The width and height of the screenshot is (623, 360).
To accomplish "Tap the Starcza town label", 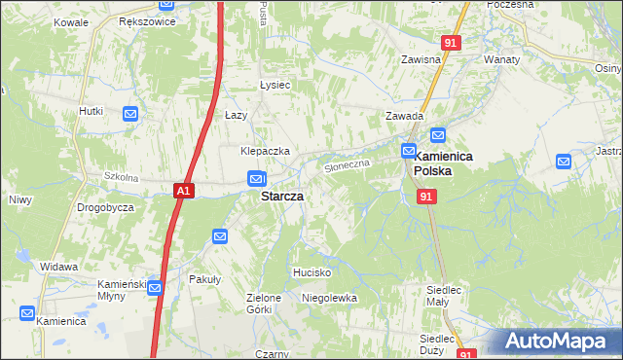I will (x=281, y=196).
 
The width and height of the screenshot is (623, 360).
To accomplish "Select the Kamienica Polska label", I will (x=445, y=162).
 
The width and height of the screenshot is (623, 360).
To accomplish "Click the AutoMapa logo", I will (x=557, y=342).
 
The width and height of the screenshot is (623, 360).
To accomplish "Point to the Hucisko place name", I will (x=313, y=272).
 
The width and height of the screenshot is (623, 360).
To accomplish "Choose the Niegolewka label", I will (x=329, y=298).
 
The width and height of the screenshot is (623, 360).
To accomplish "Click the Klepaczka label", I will (x=266, y=152).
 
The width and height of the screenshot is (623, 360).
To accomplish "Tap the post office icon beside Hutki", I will (x=131, y=114).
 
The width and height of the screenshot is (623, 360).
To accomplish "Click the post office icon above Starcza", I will (x=256, y=179).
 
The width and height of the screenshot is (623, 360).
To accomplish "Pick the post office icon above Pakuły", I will (x=220, y=235).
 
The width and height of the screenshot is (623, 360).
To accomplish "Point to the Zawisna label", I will (x=421, y=59).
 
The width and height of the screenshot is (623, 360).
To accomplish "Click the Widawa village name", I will (x=58, y=266).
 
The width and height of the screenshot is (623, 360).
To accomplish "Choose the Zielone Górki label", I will (x=264, y=304).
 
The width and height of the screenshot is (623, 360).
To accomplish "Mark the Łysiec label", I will (x=275, y=85).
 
